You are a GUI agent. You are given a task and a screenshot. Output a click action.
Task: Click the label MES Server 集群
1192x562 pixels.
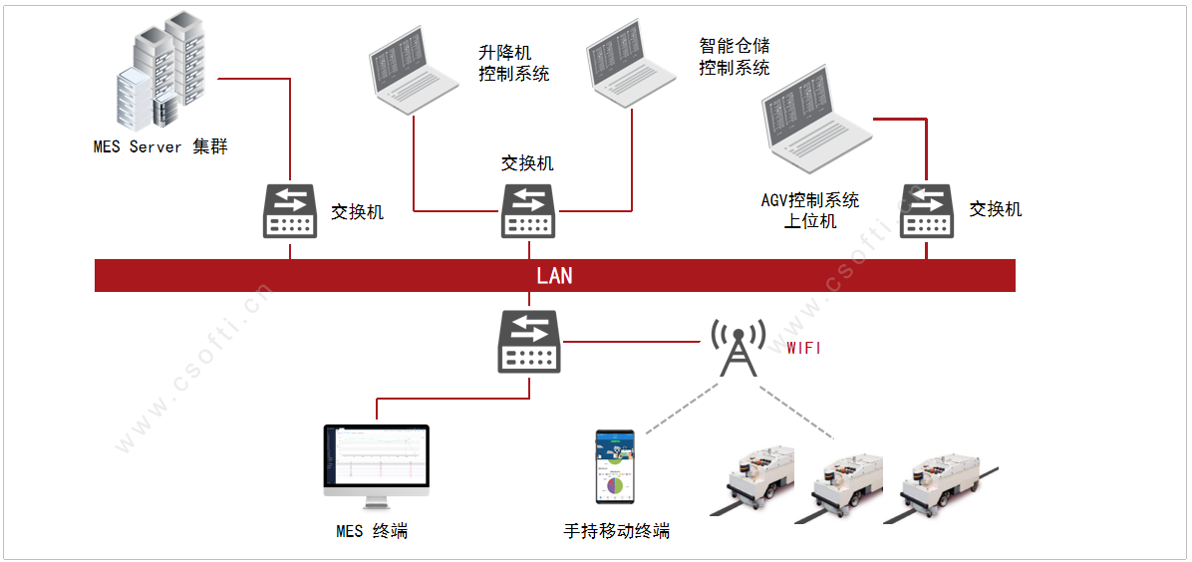click(160, 147)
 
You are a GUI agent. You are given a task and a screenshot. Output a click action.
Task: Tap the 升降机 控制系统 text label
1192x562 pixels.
click(513, 63)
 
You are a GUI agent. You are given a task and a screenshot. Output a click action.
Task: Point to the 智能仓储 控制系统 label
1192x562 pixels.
click(735, 57)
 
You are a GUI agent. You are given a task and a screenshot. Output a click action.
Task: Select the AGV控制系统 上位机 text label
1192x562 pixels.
click(809, 210)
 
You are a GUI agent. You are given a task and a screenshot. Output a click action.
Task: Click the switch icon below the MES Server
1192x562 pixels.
click(290, 211)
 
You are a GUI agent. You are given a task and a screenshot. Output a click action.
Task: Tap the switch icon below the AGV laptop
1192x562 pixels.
click(927, 211)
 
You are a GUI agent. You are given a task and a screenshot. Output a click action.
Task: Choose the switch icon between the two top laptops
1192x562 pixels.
click(529, 211)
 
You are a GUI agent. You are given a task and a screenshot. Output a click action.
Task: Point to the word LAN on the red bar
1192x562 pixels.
click(554, 276)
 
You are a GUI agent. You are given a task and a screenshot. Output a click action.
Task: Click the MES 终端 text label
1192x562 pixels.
click(372, 531)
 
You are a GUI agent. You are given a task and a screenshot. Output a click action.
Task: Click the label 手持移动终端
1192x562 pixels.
click(616, 531)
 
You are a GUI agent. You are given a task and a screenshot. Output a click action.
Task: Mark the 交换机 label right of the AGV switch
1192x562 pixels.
click(996, 209)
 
